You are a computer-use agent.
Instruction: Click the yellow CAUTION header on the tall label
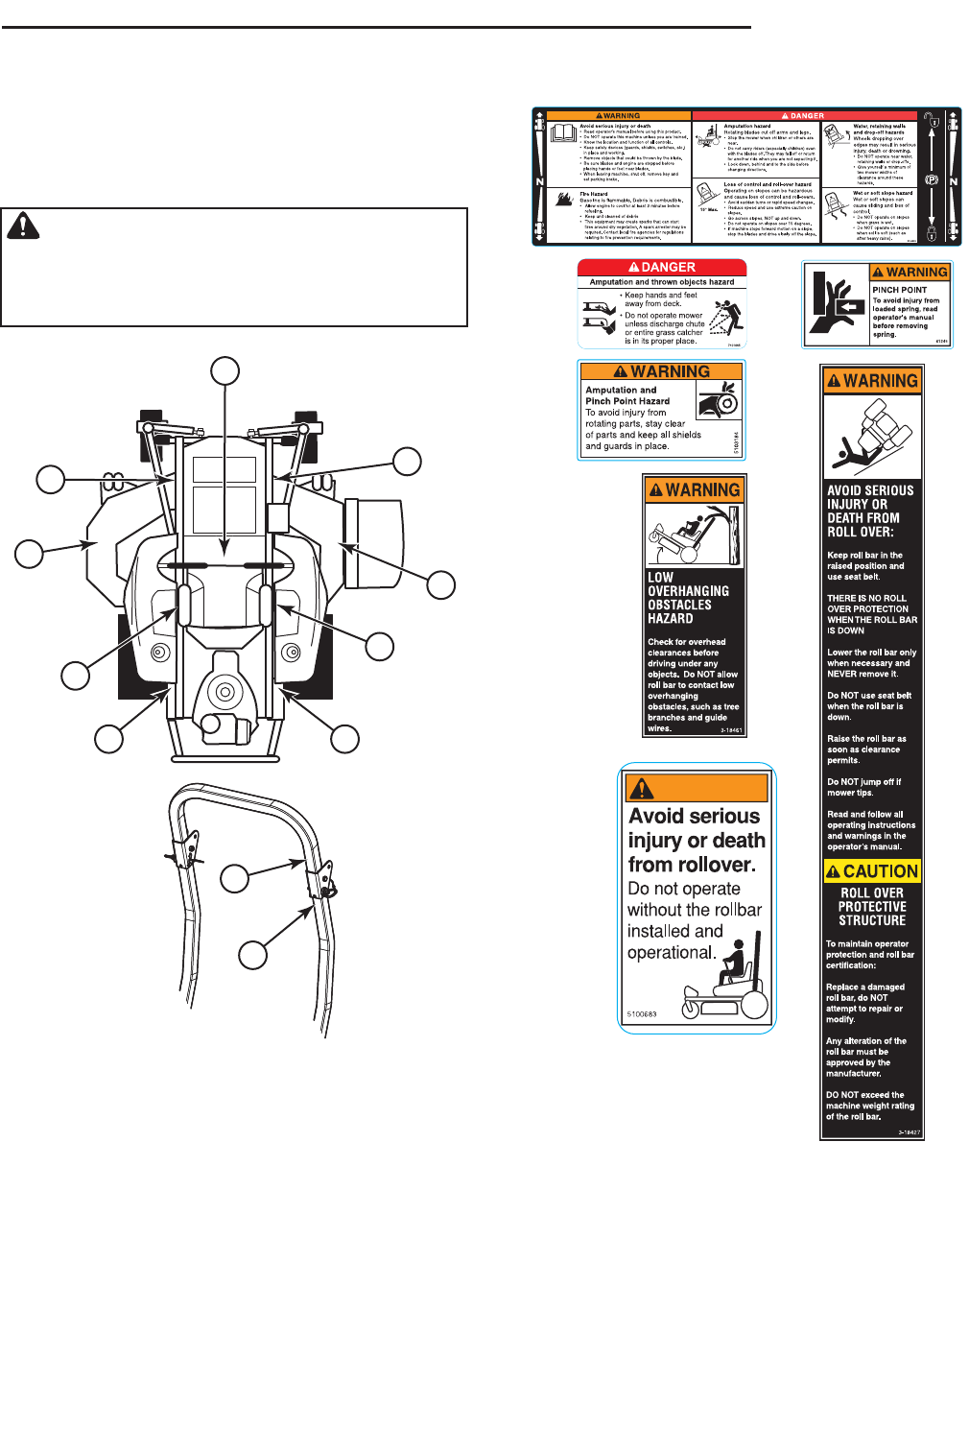(x=872, y=871)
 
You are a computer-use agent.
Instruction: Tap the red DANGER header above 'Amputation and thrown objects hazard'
(x=662, y=268)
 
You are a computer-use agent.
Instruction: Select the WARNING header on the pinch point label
(x=910, y=273)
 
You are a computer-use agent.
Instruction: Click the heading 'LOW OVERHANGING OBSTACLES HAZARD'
(x=688, y=598)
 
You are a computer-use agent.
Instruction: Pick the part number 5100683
(x=642, y=1014)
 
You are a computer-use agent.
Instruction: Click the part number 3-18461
(x=731, y=730)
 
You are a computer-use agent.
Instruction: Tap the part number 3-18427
(x=909, y=1132)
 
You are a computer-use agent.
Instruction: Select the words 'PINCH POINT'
(x=899, y=290)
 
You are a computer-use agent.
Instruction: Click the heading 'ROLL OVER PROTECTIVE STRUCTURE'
(x=872, y=907)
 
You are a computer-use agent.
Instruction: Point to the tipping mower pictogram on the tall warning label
(x=871, y=437)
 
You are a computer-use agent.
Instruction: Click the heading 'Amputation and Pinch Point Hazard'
(x=627, y=395)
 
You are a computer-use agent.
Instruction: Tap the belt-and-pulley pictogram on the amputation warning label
(x=719, y=400)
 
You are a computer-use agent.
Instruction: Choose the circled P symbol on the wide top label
(x=931, y=180)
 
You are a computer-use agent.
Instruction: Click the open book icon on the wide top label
(x=563, y=134)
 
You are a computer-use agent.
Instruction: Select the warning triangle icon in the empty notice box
(x=23, y=226)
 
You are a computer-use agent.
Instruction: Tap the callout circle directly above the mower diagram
(x=225, y=371)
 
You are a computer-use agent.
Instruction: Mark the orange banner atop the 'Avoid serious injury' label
(x=697, y=788)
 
